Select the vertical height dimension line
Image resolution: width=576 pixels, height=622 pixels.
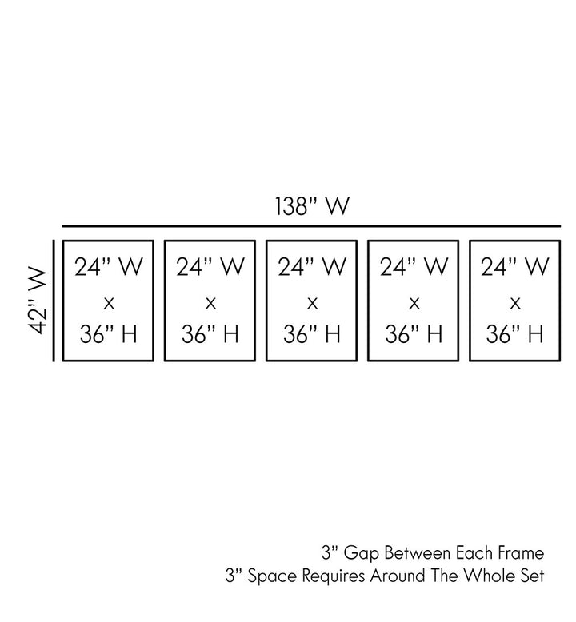54,300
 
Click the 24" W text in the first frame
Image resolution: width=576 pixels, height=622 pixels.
109,268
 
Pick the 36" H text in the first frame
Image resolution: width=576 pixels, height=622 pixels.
109,334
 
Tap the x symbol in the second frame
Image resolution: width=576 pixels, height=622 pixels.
210,302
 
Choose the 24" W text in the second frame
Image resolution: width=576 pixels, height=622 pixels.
210,268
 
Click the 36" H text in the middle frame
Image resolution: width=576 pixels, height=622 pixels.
312,334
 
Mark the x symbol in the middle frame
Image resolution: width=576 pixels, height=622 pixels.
312,302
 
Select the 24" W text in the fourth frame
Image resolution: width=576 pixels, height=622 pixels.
414,268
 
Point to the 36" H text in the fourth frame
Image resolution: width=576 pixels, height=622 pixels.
414,334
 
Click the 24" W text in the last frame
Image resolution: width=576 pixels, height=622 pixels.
515,268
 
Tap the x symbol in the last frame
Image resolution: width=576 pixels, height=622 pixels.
515,302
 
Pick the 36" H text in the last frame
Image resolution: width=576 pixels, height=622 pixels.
515,334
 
